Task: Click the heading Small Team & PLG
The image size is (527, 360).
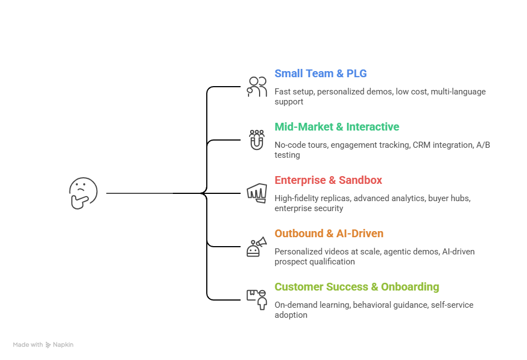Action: pos(320,74)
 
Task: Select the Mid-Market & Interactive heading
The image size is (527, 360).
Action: pos(336,127)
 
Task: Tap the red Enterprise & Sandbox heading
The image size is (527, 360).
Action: pos(328,181)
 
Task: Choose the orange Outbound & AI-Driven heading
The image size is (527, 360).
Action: pos(329,234)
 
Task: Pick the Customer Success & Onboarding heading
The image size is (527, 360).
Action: pos(356,287)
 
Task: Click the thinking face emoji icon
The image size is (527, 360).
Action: pos(83,193)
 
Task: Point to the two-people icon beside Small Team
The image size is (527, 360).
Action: pos(257,87)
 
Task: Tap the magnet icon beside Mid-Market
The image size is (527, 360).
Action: pos(256,139)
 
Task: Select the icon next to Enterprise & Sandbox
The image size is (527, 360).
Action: pos(256,193)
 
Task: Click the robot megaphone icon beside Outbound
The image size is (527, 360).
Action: pos(256,247)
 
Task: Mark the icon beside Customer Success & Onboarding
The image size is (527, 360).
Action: pos(256,299)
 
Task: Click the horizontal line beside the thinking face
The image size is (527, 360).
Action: pos(139,193)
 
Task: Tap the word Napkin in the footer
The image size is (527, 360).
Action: pos(63,345)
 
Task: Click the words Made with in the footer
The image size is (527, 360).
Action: pos(28,345)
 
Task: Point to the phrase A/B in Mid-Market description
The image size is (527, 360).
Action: pos(483,145)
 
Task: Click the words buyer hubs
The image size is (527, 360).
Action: pos(449,198)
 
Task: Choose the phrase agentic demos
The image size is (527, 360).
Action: pos(409,252)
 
